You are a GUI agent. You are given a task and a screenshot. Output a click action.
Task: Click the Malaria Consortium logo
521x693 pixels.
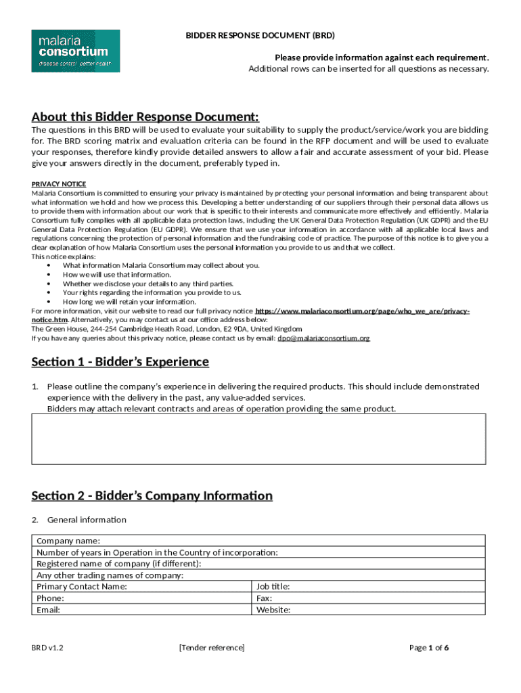pos(76,50)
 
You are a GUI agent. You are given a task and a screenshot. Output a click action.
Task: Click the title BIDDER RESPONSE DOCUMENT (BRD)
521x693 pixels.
pos(260,35)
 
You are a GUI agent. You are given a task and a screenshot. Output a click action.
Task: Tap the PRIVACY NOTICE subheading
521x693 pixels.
pos(59,184)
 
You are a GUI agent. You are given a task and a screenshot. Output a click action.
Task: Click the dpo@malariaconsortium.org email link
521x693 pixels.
pos(323,338)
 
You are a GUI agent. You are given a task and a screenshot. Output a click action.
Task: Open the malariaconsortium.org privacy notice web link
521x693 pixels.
pos(362,311)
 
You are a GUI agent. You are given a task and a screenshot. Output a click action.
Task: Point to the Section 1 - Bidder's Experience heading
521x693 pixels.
pos(120,361)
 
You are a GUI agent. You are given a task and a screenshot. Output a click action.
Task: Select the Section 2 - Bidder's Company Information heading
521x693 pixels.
pos(152,495)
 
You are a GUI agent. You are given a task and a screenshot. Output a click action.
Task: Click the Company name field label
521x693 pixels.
pos(68,541)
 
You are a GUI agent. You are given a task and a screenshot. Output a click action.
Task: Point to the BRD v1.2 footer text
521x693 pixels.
pos(47,648)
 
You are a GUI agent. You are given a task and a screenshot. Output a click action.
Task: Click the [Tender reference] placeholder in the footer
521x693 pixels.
pos(212,648)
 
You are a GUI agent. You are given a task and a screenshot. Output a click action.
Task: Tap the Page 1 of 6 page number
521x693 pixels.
pos(430,648)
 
